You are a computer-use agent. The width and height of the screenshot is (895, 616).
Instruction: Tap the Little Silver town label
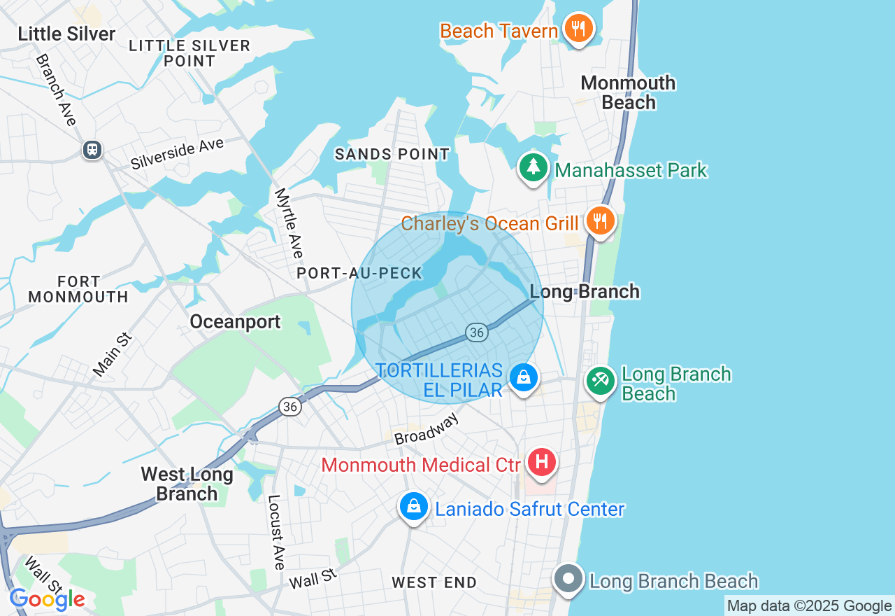click(66, 34)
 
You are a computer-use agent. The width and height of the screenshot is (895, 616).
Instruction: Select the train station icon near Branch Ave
click(92, 149)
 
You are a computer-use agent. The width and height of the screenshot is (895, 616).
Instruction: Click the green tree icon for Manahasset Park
click(534, 168)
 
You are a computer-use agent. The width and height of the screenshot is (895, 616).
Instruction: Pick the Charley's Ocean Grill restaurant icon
click(599, 220)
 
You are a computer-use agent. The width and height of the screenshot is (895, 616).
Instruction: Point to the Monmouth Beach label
click(628, 92)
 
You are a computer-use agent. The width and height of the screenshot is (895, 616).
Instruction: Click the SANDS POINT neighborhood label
click(392, 154)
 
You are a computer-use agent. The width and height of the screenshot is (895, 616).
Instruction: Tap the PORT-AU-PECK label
click(360, 273)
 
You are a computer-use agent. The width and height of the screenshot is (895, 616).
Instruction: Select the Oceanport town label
click(235, 321)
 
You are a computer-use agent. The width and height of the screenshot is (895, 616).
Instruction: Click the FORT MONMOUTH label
click(78, 289)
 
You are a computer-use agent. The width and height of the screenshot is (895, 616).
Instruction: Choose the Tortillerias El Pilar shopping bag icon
click(523, 377)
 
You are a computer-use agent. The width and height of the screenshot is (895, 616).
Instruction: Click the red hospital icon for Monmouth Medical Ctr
click(542, 463)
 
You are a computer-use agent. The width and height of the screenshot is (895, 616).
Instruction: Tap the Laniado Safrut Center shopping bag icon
click(414, 506)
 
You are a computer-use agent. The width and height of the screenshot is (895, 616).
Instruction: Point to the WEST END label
click(434, 582)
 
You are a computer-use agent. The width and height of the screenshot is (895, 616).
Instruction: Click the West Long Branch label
click(187, 484)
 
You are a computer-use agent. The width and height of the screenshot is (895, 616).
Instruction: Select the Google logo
click(47, 599)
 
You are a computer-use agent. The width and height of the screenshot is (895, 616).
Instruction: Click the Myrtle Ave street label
click(289, 223)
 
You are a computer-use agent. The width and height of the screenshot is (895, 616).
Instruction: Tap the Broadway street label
click(427, 428)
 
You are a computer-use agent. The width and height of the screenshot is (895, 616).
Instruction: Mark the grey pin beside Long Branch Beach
click(568, 579)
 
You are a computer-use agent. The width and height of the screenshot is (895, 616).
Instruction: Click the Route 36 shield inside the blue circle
click(477, 332)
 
